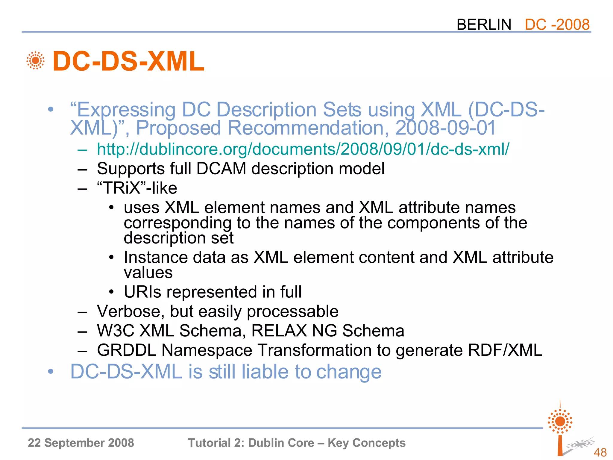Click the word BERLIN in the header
pyautogui.click(x=484, y=25)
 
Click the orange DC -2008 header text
pyautogui.click(x=557, y=25)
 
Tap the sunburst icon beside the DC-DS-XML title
pyautogui.click(x=35, y=60)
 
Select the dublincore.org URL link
pyautogui.click(x=303, y=149)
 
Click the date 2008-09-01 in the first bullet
pyautogui.click(x=445, y=128)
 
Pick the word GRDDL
pyautogui.click(x=127, y=350)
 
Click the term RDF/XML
pyautogui.click(x=505, y=350)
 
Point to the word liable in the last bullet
pyautogui.click(x=265, y=372)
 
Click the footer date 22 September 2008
pyautogui.click(x=81, y=443)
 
